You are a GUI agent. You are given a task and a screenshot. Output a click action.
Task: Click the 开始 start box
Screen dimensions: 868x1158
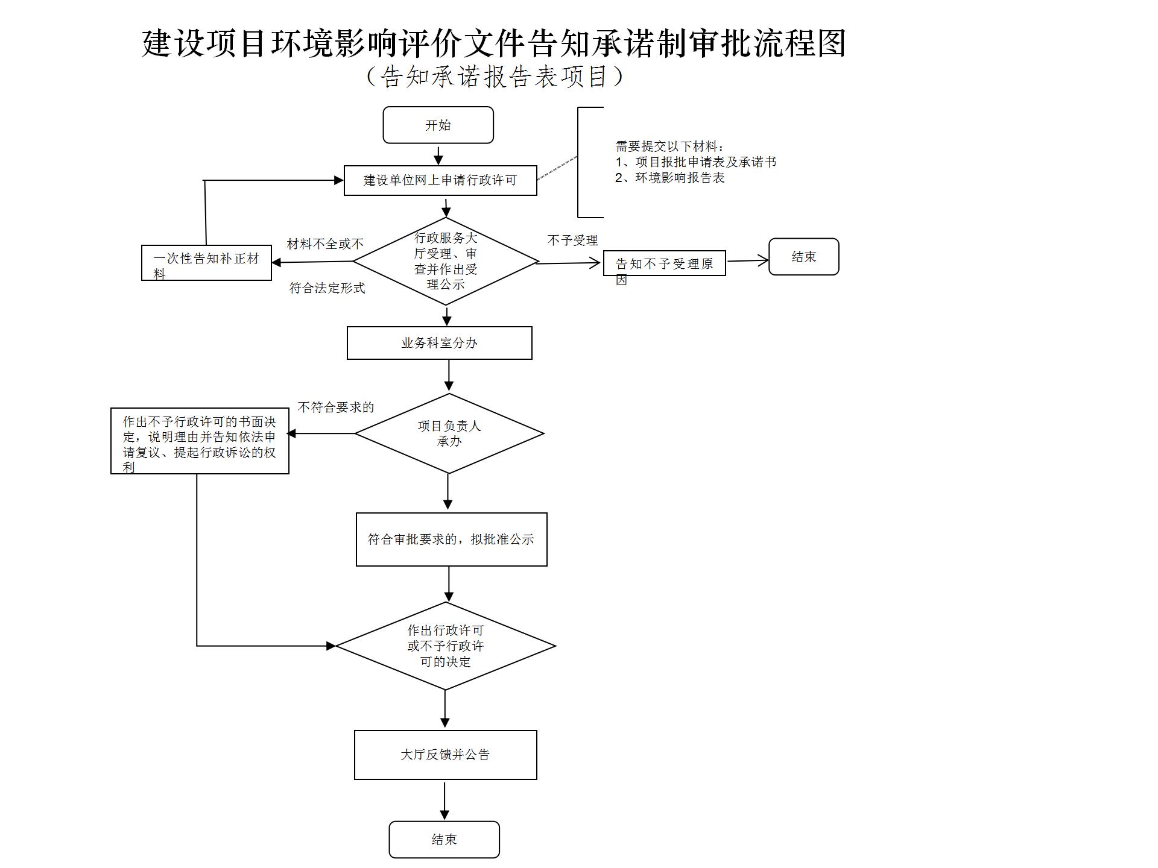(x=438, y=125)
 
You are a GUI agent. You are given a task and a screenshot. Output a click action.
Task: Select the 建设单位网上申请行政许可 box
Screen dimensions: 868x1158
(x=440, y=180)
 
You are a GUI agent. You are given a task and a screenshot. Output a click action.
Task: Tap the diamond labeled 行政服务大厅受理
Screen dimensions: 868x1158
(x=446, y=261)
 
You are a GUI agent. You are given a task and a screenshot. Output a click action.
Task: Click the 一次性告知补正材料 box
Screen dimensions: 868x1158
(x=206, y=263)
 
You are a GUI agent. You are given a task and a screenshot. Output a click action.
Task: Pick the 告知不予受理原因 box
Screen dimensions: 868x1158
(x=664, y=263)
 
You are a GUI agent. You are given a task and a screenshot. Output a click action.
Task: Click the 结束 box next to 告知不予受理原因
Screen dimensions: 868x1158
(x=803, y=257)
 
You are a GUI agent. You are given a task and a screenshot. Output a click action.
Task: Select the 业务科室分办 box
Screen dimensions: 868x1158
(x=439, y=343)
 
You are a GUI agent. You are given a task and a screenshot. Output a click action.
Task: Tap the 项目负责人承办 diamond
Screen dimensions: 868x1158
(x=449, y=433)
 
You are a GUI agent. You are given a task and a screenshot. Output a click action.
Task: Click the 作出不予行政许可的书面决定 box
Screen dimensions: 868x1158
(x=200, y=441)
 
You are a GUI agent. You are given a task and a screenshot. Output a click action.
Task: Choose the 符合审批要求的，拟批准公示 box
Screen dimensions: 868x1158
(x=451, y=539)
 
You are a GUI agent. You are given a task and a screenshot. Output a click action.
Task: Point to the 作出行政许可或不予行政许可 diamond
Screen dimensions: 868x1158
(x=445, y=646)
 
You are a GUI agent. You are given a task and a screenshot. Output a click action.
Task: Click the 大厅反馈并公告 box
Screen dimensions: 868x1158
(x=445, y=755)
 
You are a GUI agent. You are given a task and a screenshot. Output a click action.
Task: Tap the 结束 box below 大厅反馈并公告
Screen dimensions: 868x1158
(x=444, y=839)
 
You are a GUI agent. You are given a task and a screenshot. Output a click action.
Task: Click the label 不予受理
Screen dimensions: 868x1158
(x=572, y=241)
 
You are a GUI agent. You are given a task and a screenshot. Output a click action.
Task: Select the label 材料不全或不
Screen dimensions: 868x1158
(x=325, y=244)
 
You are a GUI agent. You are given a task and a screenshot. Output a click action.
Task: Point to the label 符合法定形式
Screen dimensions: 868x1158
(x=327, y=288)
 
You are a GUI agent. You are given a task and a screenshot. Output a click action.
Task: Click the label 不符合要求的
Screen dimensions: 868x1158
(x=336, y=407)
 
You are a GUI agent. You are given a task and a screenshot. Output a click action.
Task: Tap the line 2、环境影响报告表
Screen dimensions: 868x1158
(x=669, y=178)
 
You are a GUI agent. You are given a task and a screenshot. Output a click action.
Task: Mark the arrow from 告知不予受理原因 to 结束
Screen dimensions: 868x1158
(x=747, y=261)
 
